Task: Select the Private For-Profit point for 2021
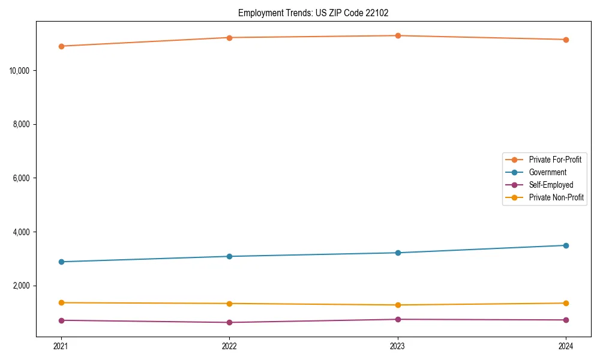[x=61, y=46]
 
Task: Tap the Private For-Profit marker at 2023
[x=397, y=35]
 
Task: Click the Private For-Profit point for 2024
[x=566, y=40]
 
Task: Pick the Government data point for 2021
[x=61, y=262]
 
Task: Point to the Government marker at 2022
[x=229, y=256]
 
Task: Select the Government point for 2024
[x=566, y=245]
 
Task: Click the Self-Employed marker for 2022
[x=229, y=322]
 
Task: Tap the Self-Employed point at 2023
[x=397, y=319]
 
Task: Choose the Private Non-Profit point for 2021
[x=61, y=302]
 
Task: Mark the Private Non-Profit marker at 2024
[x=566, y=303]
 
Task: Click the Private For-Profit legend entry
[x=555, y=160]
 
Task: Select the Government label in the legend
[x=547, y=172]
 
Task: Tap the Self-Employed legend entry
[x=551, y=185]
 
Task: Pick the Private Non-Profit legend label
[x=556, y=197]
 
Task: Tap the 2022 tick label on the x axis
[x=229, y=346]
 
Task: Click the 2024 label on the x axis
[x=566, y=346]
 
